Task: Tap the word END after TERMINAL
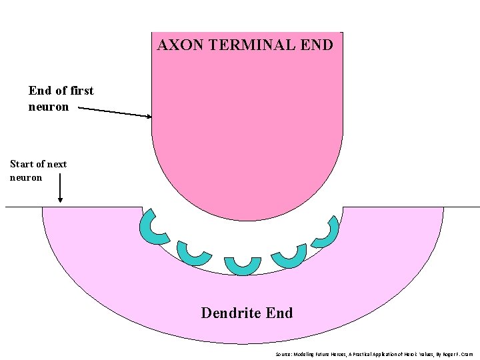click(317, 45)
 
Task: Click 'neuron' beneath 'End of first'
click(48, 107)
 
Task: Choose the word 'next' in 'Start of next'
click(57, 164)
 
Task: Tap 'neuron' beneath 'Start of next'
click(26, 177)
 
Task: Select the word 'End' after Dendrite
click(279, 313)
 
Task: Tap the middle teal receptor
click(242, 265)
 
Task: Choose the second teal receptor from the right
click(290, 255)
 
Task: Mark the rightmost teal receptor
click(326, 231)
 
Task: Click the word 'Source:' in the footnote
click(284, 354)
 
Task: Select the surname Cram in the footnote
click(466, 354)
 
